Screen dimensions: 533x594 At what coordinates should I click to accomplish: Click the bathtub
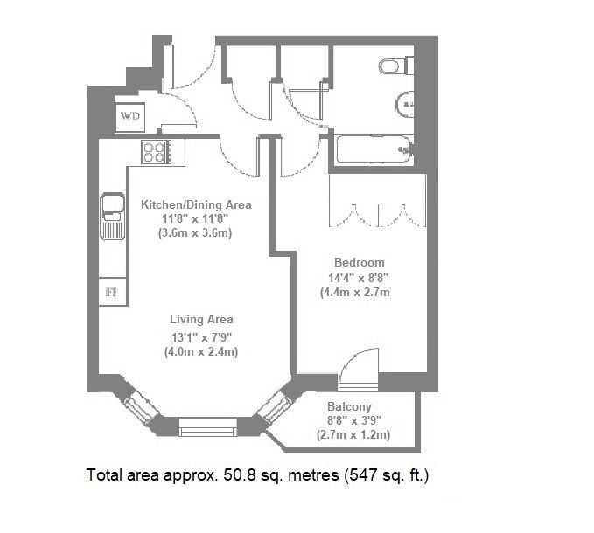pyautogui.click(x=372, y=150)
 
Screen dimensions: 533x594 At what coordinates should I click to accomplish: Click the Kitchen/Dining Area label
pyautogui.click(x=196, y=204)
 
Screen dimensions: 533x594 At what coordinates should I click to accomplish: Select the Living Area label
pyautogui.click(x=201, y=320)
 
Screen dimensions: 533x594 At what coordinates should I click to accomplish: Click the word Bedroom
pyautogui.click(x=359, y=262)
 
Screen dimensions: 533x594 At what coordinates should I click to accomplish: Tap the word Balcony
pyautogui.click(x=350, y=406)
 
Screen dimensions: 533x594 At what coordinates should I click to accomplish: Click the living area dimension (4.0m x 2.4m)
pyautogui.click(x=201, y=351)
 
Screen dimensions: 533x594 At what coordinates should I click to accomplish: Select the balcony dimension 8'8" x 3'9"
pyautogui.click(x=354, y=420)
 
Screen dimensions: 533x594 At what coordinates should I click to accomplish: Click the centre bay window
pyautogui.click(x=207, y=427)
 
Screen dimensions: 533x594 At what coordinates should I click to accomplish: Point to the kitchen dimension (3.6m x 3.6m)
pyautogui.click(x=196, y=233)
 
